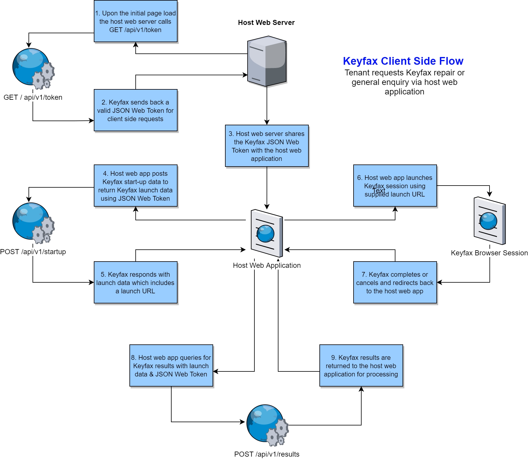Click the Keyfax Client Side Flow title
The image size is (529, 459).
(403, 61)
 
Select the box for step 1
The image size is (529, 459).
(135, 21)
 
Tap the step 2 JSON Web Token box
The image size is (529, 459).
(135, 110)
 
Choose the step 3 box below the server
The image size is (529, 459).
(267, 146)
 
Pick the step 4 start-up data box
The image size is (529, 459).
(135, 186)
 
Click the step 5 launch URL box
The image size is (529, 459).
(135, 282)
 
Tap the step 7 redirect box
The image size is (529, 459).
(395, 282)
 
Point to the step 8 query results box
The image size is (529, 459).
(171, 365)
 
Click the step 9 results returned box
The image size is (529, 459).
(361, 365)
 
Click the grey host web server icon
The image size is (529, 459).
(267, 61)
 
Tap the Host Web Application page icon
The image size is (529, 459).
(267, 233)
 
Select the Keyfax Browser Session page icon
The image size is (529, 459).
(489, 221)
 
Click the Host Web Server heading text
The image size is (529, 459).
(266, 23)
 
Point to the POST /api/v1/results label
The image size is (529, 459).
(267, 454)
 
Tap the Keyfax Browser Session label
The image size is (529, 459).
(489, 253)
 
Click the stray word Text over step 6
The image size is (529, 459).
(379, 191)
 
